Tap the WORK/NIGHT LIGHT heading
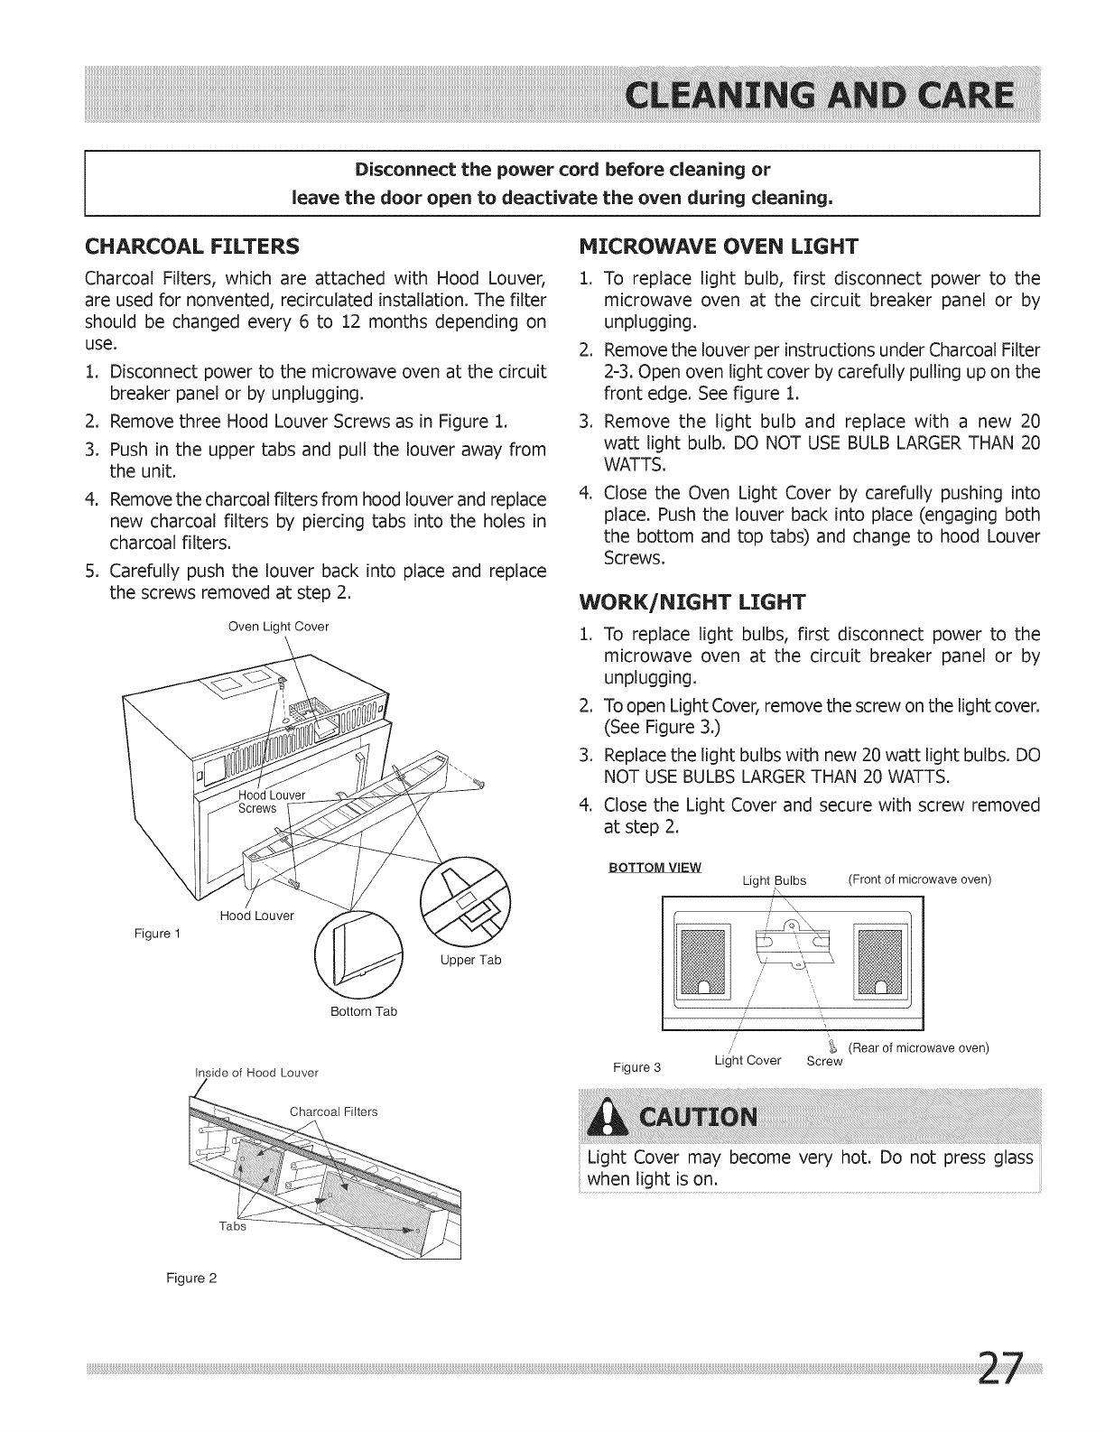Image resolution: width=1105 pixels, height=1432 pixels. point(686,601)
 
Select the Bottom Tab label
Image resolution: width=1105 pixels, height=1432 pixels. point(364,1011)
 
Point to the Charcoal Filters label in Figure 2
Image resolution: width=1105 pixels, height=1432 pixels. point(333,1111)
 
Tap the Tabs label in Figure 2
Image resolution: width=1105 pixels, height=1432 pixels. point(232,1226)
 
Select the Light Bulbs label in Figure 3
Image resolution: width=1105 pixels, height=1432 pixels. point(773,880)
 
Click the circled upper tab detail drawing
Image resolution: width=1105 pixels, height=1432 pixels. point(465,900)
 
